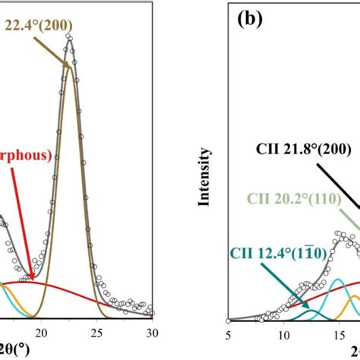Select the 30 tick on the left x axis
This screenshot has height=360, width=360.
click(151, 332)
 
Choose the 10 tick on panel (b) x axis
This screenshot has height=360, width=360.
click(283, 332)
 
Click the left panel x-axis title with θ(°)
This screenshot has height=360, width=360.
click(11, 349)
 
